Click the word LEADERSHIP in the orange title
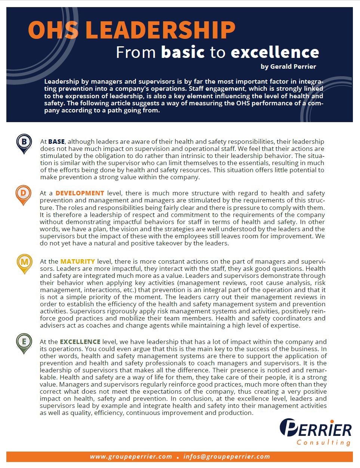(x=161, y=30)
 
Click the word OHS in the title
(x=53, y=30)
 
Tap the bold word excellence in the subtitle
(x=275, y=52)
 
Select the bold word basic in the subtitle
(x=183, y=52)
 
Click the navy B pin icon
(x=24, y=143)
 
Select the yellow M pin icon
(x=24, y=263)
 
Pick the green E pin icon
(x=24, y=343)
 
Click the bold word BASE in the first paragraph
(x=56, y=142)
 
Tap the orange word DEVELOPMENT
(x=80, y=193)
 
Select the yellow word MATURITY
(x=77, y=261)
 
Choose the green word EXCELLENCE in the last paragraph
(x=80, y=342)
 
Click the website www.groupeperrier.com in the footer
(x=131, y=456)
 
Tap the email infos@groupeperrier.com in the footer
(x=227, y=456)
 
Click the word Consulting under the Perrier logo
(x=323, y=442)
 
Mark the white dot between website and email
(x=178, y=457)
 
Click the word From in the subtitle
(x=135, y=52)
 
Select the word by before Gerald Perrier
(x=264, y=66)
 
